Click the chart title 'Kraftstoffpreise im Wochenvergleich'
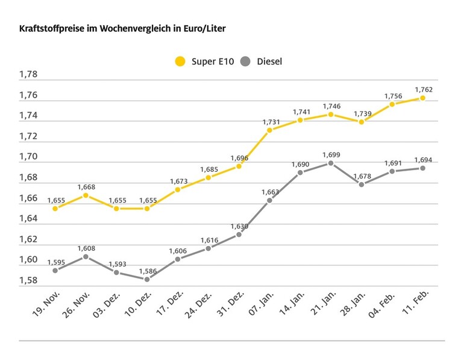coord(123,28)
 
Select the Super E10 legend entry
coord(202,62)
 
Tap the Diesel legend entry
coord(261,62)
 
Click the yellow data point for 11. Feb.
coord(422,98)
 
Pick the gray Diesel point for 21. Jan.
coord(331,163)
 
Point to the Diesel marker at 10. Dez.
coord(147,279)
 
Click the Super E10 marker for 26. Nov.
coord(86,195)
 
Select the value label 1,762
coord(424,89)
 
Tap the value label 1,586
coord(147,270)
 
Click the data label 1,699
coord(331,154)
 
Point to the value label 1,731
coord(271,122)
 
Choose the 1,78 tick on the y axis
coord(28,75)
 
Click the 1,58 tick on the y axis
coord(28,280)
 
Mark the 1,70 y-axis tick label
coord(28,157)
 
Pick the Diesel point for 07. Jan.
coord(269,200)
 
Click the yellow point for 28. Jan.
coord(361,122)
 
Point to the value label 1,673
coord(178,181)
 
